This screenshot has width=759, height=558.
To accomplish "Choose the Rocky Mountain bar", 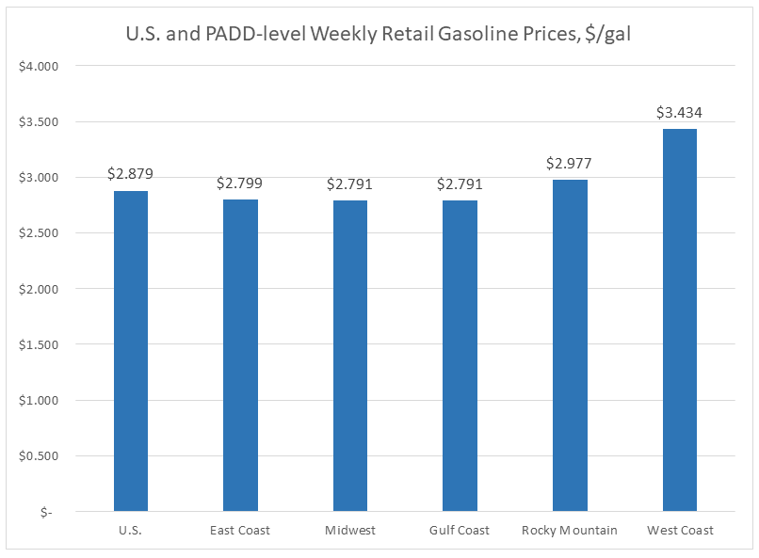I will [x=570, y=345].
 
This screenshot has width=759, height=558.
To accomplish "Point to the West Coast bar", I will [x=680, y=320].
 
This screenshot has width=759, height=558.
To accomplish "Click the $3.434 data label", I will [x=679, y=113].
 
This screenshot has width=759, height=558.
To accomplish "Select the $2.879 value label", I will [x=130, y=174].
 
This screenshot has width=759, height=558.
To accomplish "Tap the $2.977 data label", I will [x=570, y=164].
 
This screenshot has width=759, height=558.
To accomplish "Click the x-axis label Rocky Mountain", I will [x=570, y=531].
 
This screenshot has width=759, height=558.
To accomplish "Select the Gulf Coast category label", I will [x=460, y=531].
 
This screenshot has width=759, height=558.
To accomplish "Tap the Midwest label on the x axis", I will [x=350, y=531].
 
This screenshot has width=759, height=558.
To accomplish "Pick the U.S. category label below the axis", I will [x=130, y=531].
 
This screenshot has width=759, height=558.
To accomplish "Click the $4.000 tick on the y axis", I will [x=39, y=67].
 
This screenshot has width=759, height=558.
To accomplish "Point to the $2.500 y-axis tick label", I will [x=39, y=233].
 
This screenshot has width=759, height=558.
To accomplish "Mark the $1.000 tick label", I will [x=39, y=401].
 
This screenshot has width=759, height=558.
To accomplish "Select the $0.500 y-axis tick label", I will [x=39, y=456].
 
